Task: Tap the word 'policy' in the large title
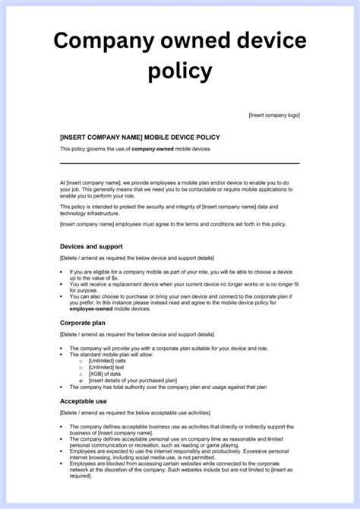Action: [180, 71]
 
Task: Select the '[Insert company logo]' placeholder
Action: [273, 115]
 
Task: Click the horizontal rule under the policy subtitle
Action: [179, 163]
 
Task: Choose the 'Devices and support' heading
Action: [91, 247]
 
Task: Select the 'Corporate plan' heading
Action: [83, 323]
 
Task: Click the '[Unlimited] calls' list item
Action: [109, 360]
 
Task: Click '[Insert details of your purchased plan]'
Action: [132, 380]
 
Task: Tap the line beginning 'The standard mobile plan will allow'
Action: [118, 354]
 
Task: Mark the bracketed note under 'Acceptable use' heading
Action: [135, 413]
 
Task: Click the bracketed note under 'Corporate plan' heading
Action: [135, 335]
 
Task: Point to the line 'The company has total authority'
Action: [167, 387]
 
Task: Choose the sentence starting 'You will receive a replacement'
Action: [182, 284]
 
